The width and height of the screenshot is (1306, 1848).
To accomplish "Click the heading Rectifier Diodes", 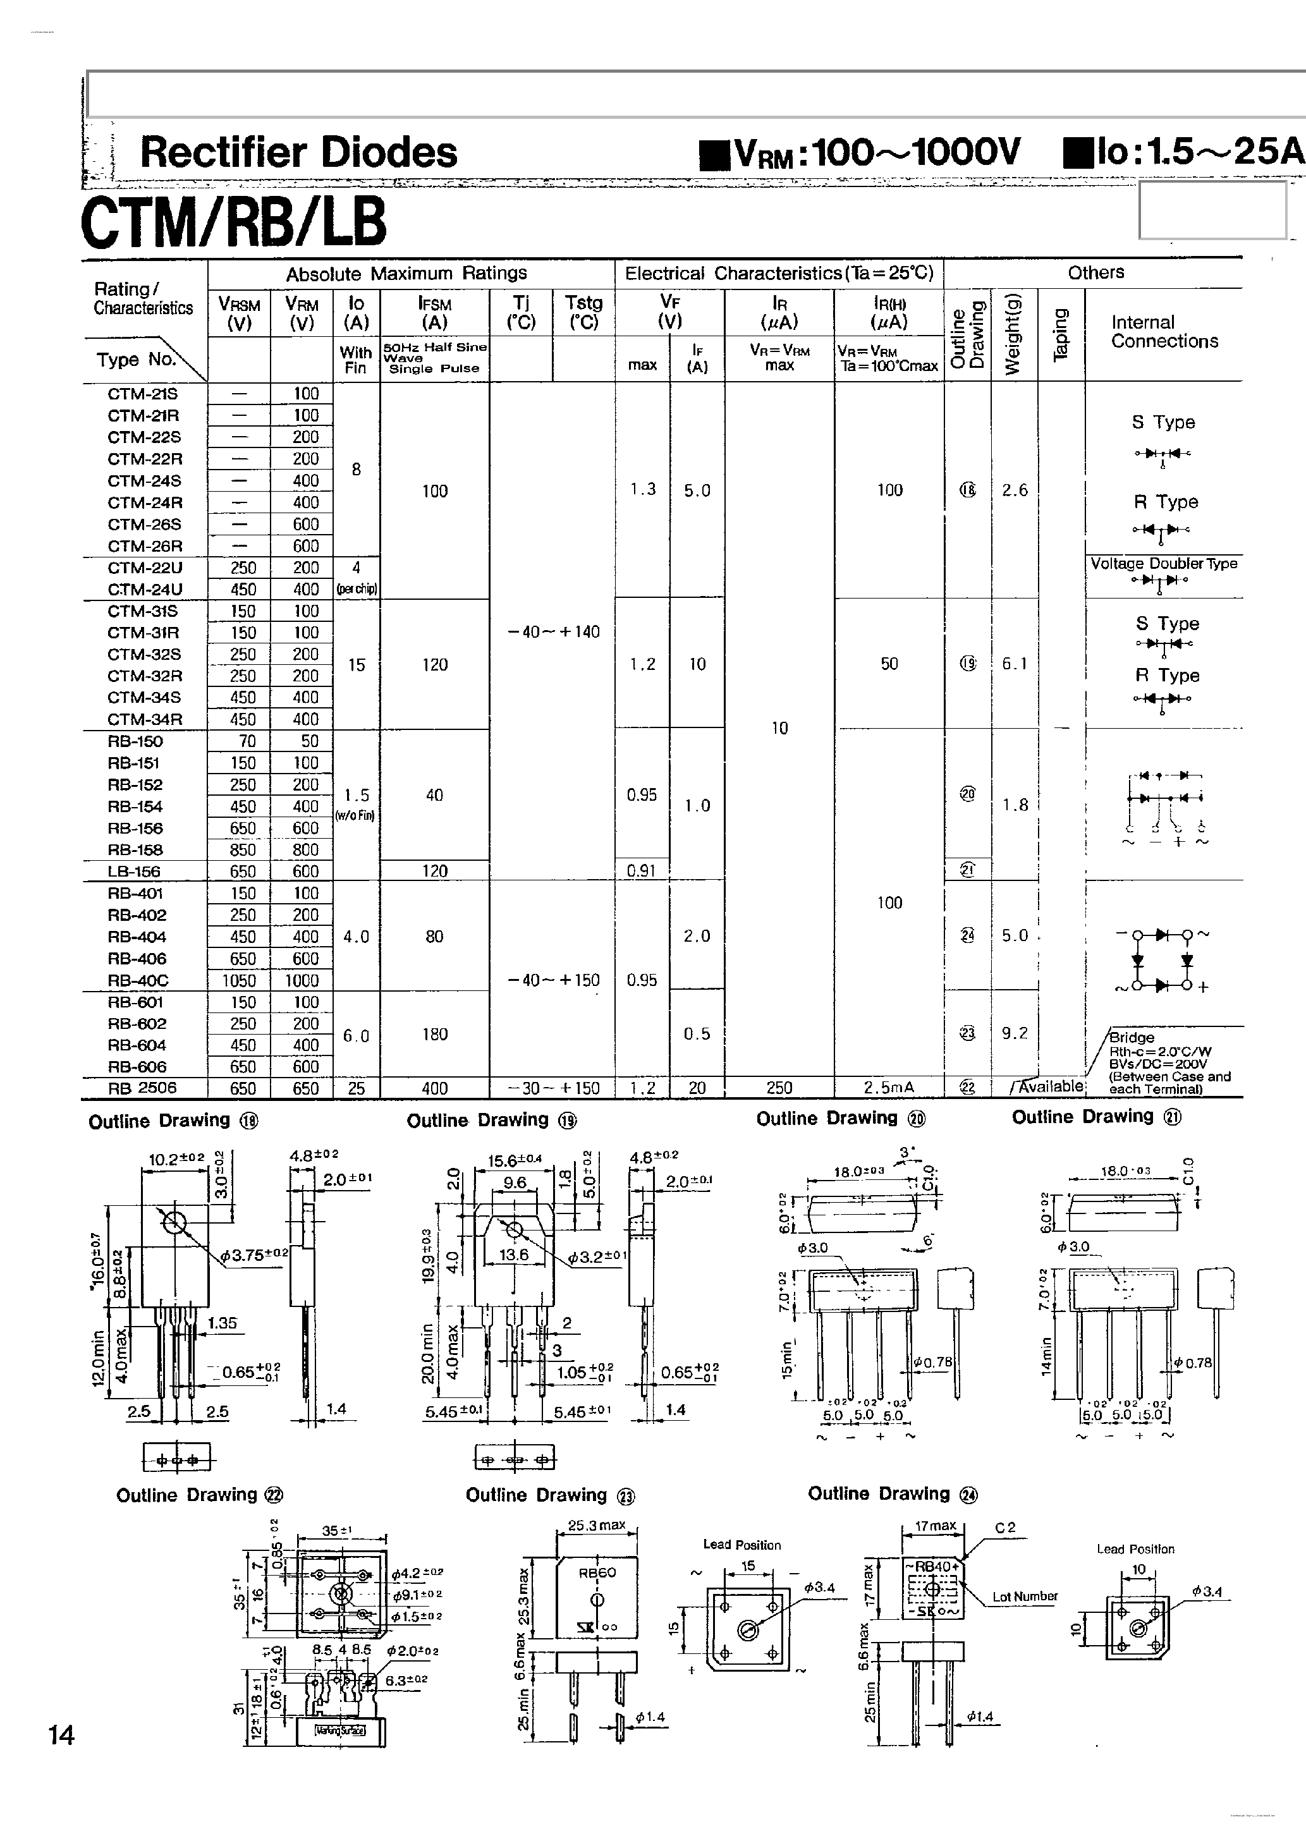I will (298, 152).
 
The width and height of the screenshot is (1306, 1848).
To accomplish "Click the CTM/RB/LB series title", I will (233, 221).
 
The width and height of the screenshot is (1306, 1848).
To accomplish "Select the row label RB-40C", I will (136, 980).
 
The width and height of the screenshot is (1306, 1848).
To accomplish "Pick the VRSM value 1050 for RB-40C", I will (239, 980).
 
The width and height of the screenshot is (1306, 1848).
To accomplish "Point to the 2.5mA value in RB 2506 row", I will (889, 1088).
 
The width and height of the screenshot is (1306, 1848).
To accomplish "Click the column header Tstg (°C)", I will (583, 312).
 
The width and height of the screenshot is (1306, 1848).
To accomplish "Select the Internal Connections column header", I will (1164, 332).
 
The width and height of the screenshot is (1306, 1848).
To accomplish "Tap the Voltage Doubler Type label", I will (1164, 563).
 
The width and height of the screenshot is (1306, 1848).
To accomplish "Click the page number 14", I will (62, 1734).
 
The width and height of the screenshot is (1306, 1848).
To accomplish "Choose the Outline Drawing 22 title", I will (200, 1495).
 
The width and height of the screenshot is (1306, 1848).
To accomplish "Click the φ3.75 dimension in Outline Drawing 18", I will (253, 1253).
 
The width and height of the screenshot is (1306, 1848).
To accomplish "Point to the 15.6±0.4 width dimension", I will (515, 1160).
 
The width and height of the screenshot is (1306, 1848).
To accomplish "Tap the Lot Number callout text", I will (1024, 1596).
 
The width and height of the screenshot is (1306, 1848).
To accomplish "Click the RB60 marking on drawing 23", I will (597, 1572).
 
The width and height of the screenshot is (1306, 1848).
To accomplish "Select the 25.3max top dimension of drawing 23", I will (597, 1524).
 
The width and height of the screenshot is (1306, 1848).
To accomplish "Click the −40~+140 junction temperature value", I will (553, 632).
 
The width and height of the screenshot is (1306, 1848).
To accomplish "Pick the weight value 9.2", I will (1015, 1033).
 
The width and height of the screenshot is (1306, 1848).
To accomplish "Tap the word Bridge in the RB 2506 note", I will (1132, 1038).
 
